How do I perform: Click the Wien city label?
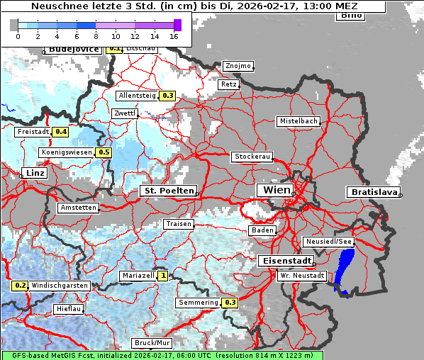pos(277,190)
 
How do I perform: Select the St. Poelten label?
pos(168,191)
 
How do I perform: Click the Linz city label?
pos(33,173)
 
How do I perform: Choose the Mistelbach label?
pos(298,121)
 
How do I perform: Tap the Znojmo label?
pos(238,66)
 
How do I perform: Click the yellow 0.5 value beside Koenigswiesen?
pos(104,152)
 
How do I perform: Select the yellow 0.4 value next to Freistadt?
pos(61,132)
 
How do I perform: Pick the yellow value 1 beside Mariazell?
pos(163,276)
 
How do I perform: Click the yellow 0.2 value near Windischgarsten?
pos(20,286)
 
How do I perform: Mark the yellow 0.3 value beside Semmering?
pos(230,303)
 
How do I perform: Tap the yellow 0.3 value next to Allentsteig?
pos(168,95)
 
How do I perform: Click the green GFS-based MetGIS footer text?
pos(162,355)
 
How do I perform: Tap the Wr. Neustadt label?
pos(301,275)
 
